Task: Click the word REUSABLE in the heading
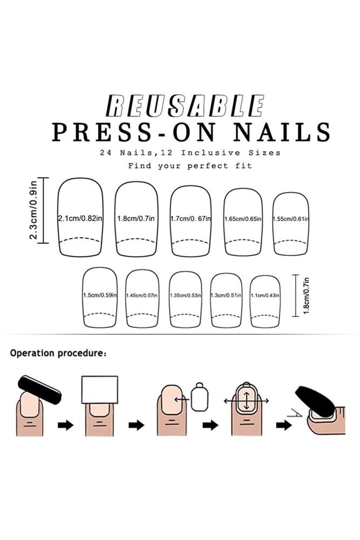185,105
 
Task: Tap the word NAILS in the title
282,132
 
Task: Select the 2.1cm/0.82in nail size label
80,218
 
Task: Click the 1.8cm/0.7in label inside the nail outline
136,218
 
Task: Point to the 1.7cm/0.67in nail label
191,218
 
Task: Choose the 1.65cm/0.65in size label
243,219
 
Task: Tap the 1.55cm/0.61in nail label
291,219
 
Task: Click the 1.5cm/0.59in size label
100,295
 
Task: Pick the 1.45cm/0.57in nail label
142,295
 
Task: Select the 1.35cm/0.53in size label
186,295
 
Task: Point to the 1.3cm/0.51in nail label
226,295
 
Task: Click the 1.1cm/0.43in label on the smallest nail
265,295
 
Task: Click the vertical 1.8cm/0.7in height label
307,295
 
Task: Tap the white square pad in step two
100,389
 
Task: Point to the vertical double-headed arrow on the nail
247,401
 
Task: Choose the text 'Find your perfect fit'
190,166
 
